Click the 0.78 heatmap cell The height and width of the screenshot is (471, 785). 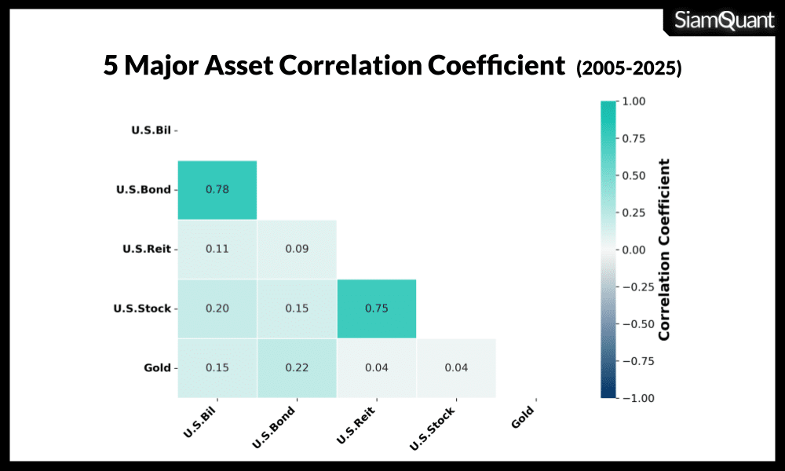point(217,190)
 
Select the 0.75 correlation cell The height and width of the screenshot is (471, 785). point(376,309)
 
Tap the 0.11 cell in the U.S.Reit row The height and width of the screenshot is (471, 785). point(217,249)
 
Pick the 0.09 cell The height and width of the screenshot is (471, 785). point(297,249)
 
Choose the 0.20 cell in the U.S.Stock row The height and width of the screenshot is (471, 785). point(217,309)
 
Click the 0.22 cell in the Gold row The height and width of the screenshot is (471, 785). point(297,367)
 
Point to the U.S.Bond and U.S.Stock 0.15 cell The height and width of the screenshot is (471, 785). point(297,309)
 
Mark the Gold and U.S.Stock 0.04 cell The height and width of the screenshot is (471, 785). point(455,367)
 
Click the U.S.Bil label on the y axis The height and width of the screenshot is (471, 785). point(152,130)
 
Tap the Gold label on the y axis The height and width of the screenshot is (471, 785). point(157,367)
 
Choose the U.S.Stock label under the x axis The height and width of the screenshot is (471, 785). point(432,429)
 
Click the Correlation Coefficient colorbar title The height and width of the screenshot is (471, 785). point(664,250)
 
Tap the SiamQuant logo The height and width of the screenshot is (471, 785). point(725,20)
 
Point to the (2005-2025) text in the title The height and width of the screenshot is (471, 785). point(629,69)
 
